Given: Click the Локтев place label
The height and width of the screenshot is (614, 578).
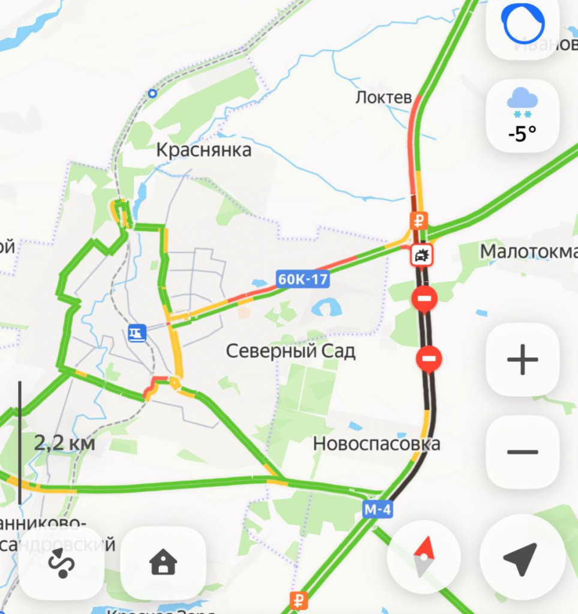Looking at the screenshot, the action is coord(384,97).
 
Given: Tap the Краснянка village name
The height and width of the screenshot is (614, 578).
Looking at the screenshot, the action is coord(203,150).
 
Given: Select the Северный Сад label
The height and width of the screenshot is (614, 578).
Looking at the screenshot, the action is coord(290,351).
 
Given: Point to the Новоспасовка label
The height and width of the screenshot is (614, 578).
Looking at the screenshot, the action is coord(377,444).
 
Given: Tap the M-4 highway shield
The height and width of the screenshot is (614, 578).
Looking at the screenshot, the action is coord(378,510).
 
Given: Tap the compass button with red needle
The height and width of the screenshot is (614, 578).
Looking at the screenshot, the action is coord(424,556).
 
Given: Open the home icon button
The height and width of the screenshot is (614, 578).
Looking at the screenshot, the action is coord(163,563).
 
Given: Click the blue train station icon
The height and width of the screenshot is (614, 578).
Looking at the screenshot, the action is coord(137,333).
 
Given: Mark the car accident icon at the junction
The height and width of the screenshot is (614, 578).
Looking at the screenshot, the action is coord(422,256).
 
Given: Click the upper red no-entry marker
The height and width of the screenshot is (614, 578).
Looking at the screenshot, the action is coord(425,298).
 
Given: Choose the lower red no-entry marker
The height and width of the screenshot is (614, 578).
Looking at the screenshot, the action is coord(429,359).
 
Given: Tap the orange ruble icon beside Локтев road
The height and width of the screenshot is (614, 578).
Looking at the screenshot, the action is coord(419,220).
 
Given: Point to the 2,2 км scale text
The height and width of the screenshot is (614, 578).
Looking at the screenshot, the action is coord(64,444).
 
